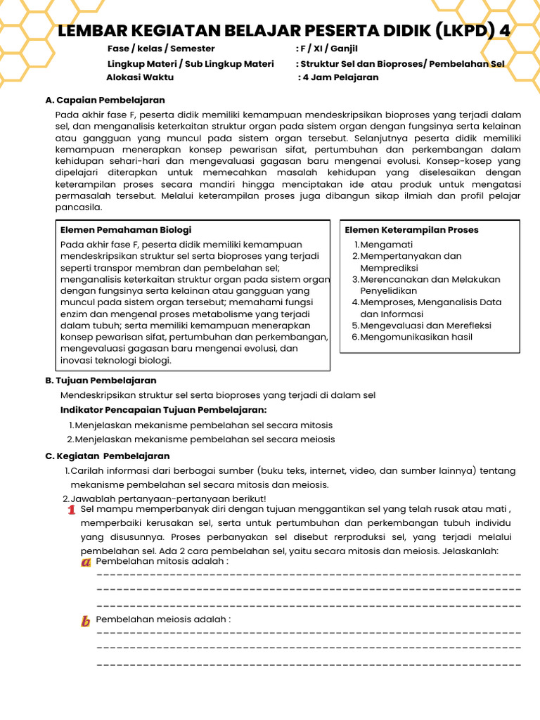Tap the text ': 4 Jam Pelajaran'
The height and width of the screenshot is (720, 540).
(x=338, y=77)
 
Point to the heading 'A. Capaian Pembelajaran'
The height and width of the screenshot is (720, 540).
(x=105, y=100)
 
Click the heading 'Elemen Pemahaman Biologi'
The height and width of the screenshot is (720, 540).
(x=126, y=230)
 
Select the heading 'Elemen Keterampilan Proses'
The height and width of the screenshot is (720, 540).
(x=411, y=230)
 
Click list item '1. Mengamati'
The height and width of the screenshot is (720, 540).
(x=378, y=245)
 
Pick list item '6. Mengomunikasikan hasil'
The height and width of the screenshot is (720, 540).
(x=412, y=337)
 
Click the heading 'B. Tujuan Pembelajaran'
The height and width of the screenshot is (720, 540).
(x=101, y=380)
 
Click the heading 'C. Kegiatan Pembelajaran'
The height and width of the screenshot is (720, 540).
(x=107, y=456)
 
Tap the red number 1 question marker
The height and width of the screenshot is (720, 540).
(x=71, y=510)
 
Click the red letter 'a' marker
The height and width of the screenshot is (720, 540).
(x=86, y=562)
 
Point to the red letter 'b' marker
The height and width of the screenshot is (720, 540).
(x=86, y=621)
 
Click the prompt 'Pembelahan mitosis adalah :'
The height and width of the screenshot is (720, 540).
(x=162, y=562)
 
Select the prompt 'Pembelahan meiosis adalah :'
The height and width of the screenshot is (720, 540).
(x=163, y=619)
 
